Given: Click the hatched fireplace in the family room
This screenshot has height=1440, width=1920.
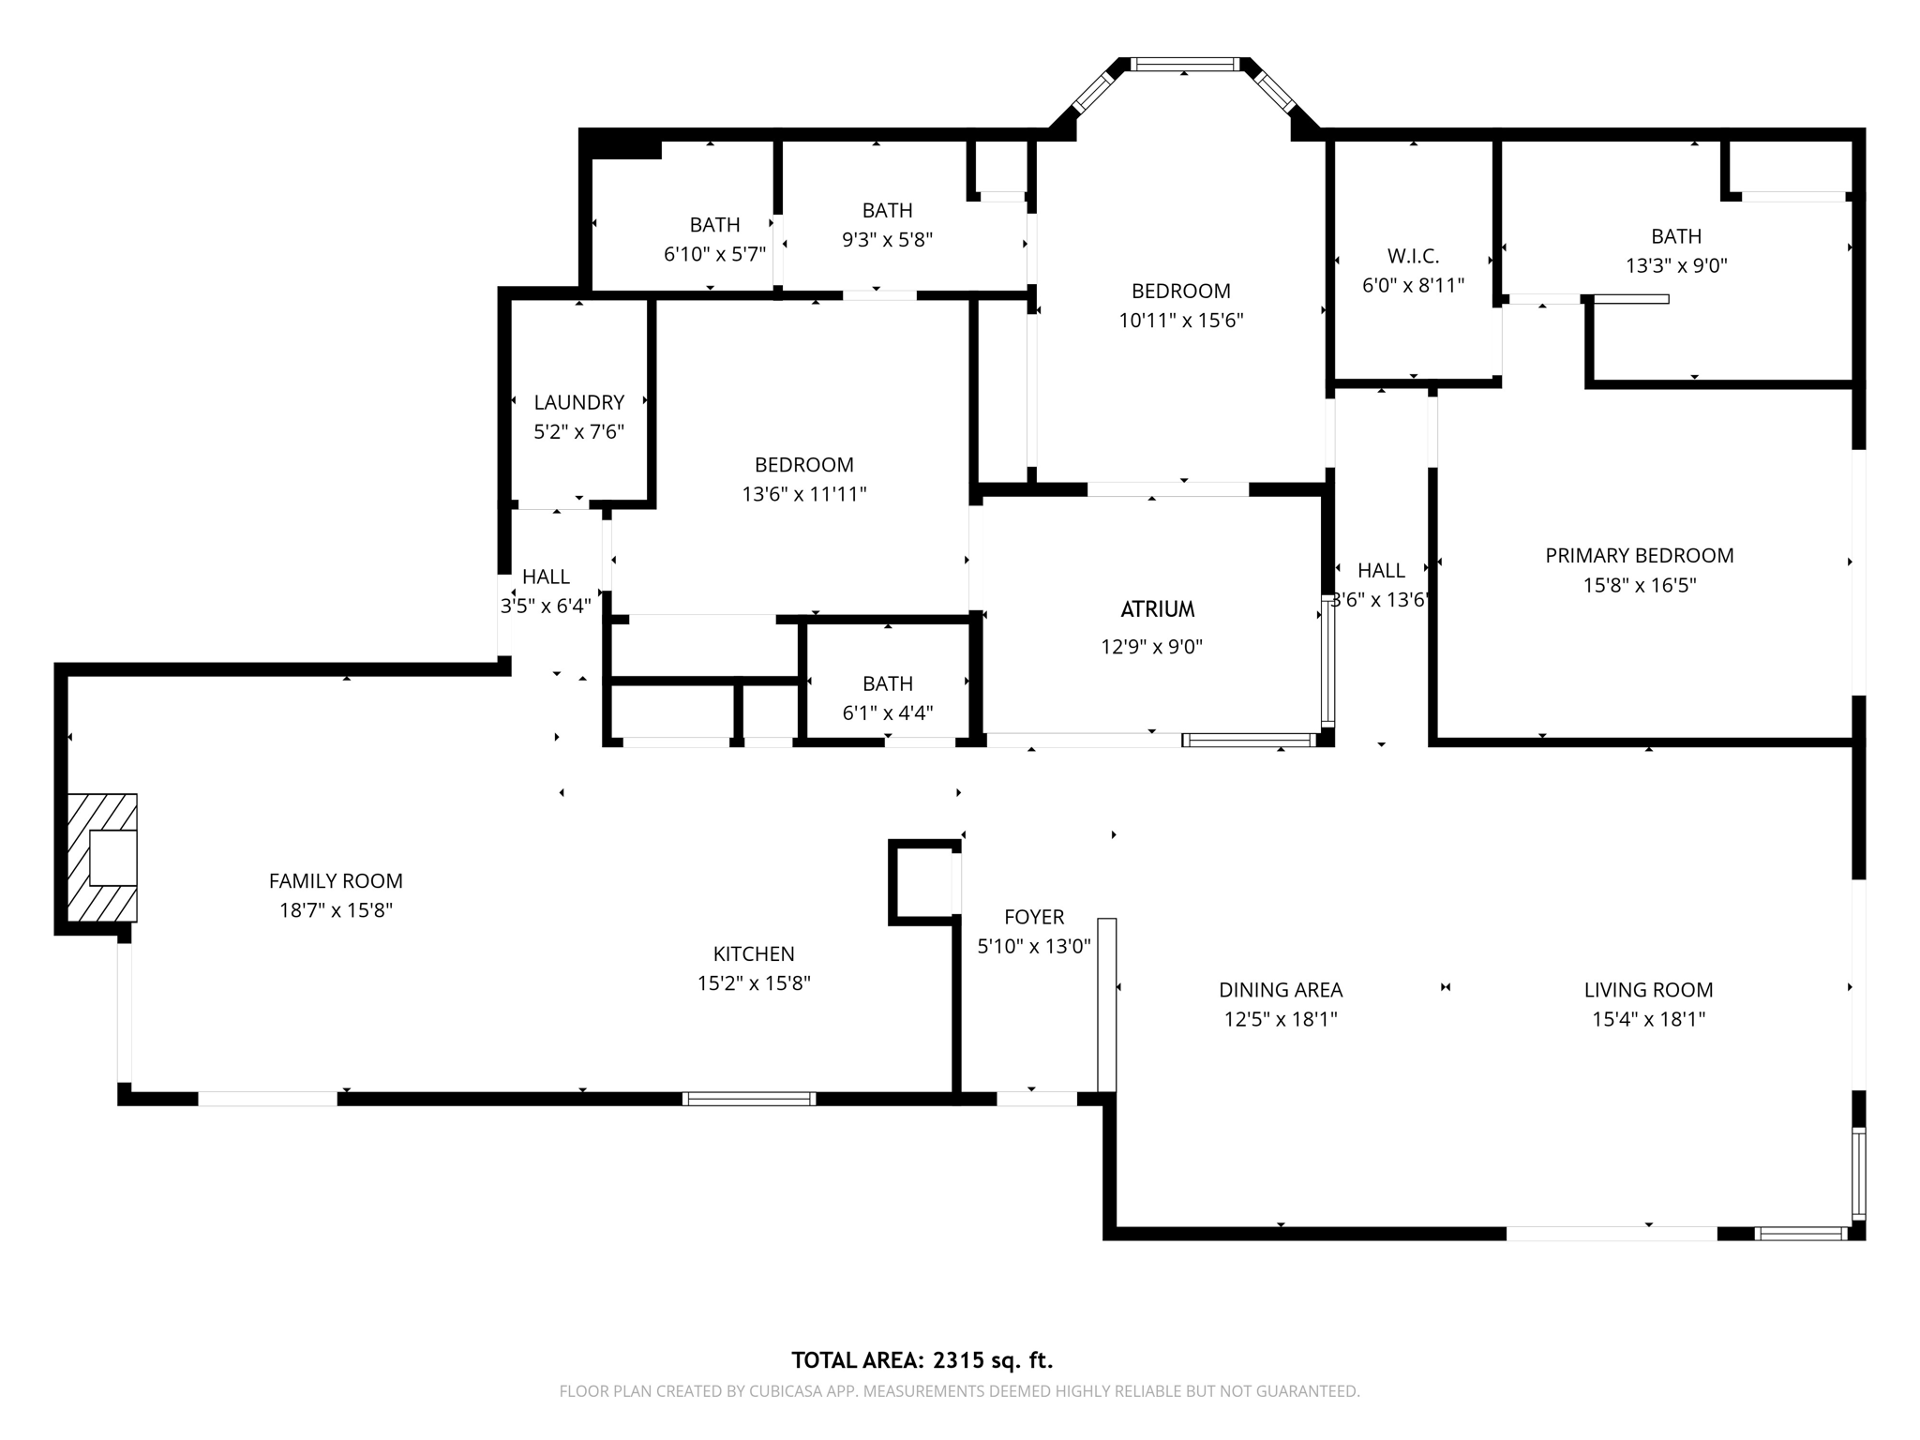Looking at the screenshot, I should [101, 857].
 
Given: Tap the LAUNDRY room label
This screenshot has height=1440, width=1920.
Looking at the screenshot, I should [578, 402].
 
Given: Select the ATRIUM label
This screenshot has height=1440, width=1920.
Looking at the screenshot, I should [1158, 609].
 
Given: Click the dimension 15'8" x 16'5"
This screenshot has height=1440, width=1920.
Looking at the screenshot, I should [1640, 585].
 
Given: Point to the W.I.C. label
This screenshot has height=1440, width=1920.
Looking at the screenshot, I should [1413, 256].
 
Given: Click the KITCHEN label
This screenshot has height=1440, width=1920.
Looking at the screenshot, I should [754, 953].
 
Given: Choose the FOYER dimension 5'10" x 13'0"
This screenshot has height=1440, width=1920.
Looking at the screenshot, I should [1034, 946].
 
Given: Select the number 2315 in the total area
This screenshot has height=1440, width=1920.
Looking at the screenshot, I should [956, 1360].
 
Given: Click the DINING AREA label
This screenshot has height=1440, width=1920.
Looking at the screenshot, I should [1281, 989].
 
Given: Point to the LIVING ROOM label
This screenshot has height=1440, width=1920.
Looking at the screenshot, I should [1648, 989].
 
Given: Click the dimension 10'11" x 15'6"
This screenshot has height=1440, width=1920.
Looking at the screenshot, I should [1180, 321].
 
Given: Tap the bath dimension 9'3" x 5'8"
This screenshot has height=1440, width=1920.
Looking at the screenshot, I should [887, 239].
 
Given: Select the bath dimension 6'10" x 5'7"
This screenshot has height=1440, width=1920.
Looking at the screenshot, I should [714, 254].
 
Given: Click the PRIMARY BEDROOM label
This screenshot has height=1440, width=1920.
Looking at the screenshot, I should [1640, 555].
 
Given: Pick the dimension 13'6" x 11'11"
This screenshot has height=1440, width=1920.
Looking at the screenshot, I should [804, 494].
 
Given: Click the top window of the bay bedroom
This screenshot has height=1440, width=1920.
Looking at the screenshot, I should [1185, 65].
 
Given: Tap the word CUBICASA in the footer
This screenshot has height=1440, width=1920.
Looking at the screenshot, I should [784, 1391].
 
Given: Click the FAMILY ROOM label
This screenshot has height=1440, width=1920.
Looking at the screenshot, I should [336, 880].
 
